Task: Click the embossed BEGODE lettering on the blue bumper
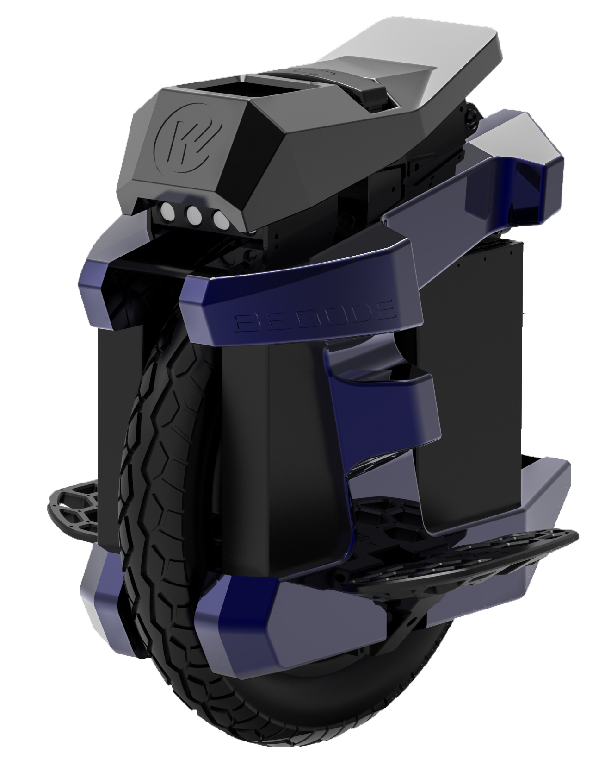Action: pos(315,317)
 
